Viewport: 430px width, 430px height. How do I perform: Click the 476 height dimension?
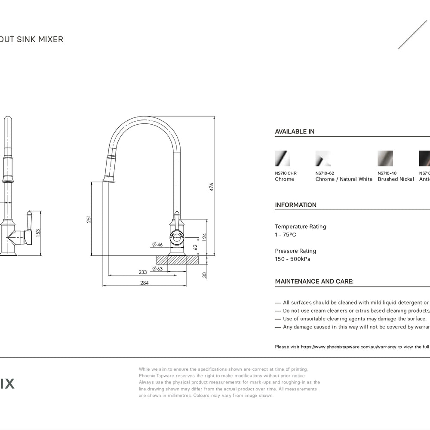(x=211, y=187)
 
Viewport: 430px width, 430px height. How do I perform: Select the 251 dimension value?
(x=89, y=219)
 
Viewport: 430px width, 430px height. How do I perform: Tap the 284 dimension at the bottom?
(x=144, y=283)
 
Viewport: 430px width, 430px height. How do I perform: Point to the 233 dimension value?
(x=143, y=272)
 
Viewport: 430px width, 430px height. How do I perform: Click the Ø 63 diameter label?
(x=157, y=269)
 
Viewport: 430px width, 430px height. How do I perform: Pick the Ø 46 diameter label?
(x=157, y=245)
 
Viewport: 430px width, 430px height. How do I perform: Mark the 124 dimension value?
(x=204, y=237)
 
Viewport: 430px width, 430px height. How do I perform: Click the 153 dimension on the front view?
(x=38, y=233)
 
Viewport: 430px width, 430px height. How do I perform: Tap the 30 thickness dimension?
(x=204, y=275)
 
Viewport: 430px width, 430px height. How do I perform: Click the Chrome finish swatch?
(x=283, y=158)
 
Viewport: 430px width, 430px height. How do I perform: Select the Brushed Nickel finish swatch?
(x=385, y=158)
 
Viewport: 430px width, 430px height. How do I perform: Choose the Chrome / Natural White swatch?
(x=323, y=158)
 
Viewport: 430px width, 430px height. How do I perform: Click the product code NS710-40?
(x=387, y=173)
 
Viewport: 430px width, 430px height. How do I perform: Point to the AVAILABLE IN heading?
(x=295, y=132)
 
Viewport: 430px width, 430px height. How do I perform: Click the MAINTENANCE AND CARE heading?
(x=314, y=282)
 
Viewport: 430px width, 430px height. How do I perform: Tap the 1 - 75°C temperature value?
(x=286, y=235)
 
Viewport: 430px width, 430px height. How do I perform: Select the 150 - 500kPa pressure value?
(x=292, y=259)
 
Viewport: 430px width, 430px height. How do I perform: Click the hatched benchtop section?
(x=177, y=260)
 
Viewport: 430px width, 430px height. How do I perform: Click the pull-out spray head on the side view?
(x=110, y=168)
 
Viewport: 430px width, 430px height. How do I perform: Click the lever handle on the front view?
(x=29, y=221)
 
